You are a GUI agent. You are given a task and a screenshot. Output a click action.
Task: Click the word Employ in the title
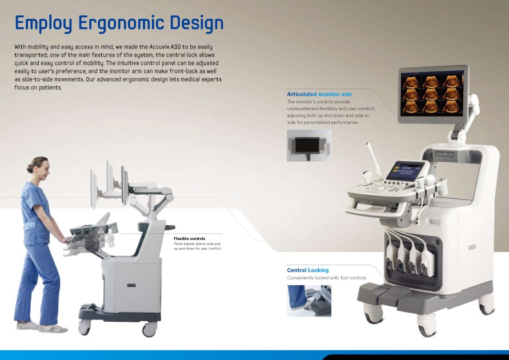pyautogui.click(x=43, y=23)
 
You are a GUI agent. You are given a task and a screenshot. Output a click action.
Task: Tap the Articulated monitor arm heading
pyautogui.click(x=319, y=94)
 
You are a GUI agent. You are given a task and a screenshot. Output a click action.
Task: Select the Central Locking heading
pyautogui.click(x=308, y=270)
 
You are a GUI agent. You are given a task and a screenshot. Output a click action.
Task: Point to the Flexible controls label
pyautogui.click(x=190, y=239)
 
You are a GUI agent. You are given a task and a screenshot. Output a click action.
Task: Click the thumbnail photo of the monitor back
pyautogui.click(x=309, y=145)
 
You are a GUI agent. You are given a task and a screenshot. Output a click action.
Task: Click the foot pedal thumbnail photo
pyautogui.click(x=309, y=301)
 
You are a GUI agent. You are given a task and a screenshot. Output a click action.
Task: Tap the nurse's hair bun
pyautogui.click(x=30, y=168)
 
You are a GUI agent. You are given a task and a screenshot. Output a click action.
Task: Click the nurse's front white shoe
pyautogui.click(x=53, y=329)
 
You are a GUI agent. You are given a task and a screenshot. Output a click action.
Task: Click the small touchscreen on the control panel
pyautogui.click(x=406, y=171)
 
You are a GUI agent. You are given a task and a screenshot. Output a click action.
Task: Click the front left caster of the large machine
pyautogui.click(x=372, y=314)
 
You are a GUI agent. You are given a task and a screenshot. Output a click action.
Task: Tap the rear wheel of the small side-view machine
pyautogui.click(x=84, y=327)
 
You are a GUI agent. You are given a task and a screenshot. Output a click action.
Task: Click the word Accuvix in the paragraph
pyautogui.click(x=159, y=47)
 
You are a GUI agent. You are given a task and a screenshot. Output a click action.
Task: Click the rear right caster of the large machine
pyautogui.click(x=487, y=305)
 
